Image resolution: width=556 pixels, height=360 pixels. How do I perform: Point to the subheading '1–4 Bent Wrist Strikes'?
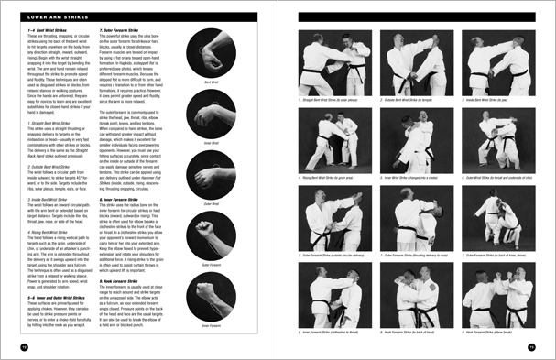coord(40,31)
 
